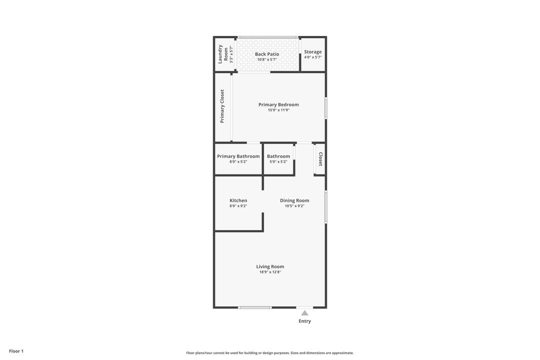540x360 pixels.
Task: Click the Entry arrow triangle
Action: [305, 313]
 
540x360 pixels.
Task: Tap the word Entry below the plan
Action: [305, 321]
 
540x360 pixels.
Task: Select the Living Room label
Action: [270, 266]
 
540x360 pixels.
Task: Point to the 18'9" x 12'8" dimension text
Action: [270, 272]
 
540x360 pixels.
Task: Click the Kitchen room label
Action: [238, 200]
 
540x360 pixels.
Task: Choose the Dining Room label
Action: [294, 200]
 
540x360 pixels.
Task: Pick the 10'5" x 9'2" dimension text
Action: [294, 206]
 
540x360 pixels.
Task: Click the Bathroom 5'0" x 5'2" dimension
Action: [278, 161]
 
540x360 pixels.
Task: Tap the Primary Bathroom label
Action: [238, 156]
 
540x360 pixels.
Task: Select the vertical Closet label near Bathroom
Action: [320, 159]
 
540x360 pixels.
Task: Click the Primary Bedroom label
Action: [278, 104]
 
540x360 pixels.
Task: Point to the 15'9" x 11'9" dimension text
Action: [278, 110]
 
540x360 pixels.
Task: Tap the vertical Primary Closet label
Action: [222, 106]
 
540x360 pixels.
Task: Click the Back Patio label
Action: [267, 54]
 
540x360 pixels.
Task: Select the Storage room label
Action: [312, 51]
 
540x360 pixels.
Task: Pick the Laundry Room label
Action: [223, 54]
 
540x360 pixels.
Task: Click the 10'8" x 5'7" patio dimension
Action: [267, 59]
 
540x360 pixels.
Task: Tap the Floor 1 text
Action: [16, 351]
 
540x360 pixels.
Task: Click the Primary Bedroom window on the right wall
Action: [326, 108]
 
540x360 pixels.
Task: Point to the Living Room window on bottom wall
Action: [254, 307]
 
